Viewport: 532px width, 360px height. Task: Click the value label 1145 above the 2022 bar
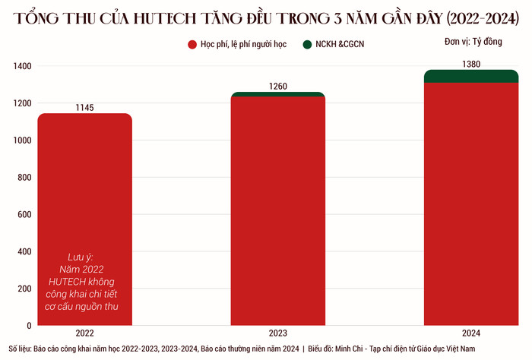click(x=84, y=108)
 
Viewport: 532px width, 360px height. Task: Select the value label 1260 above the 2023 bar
click(x=278, y=87)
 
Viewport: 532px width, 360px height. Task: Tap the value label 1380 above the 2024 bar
click(x=471, y=65)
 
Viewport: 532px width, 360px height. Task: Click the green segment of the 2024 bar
click(x=471, y=76)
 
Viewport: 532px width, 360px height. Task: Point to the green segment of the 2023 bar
click(x=278, y=94)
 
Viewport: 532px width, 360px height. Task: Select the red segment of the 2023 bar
click(x=278, y=213)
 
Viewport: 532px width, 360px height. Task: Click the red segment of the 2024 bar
click(x=471, y=205)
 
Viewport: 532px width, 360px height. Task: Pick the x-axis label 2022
click(x=84, y=333)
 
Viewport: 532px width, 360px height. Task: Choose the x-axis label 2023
click(x=278, y=333)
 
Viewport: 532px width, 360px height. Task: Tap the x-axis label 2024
click(x=471, y=333)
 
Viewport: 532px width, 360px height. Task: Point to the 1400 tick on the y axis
click(x=21, y=67)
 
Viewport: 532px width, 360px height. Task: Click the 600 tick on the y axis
click(x=24, y=215)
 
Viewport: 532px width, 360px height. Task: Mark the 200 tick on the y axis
click(x=24, y=289)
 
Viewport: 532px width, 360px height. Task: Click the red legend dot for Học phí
click(x=193, y=45)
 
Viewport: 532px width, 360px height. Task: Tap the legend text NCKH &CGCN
click(x=341, y=45)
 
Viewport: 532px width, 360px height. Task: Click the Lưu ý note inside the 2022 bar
click(x=85, y=281)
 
